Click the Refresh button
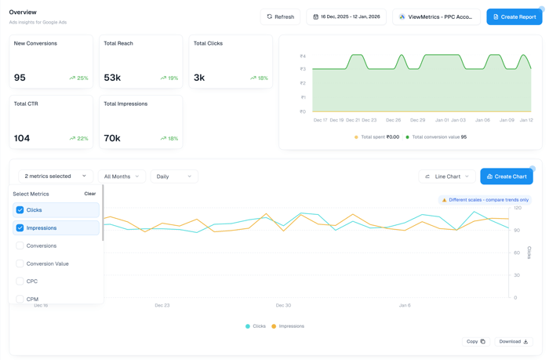(280, 16)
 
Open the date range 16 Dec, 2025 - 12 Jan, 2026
(346, 16)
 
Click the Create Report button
(514, 16)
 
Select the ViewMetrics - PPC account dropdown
(436, 16)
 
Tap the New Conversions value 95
(20, 78)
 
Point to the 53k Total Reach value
(112, 78)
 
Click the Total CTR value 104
(22, 138)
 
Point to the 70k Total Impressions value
(112, 138)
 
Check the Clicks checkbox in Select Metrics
(20, 210)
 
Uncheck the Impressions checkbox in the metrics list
(20, 228)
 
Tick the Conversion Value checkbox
(20, 264)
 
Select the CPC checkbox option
(20, 282)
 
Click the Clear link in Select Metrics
(90, 194)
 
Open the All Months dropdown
(122, 176)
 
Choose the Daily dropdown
(173, 176)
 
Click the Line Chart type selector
(446, 176)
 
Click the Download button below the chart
(514, 342)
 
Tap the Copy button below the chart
(475, 342)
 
